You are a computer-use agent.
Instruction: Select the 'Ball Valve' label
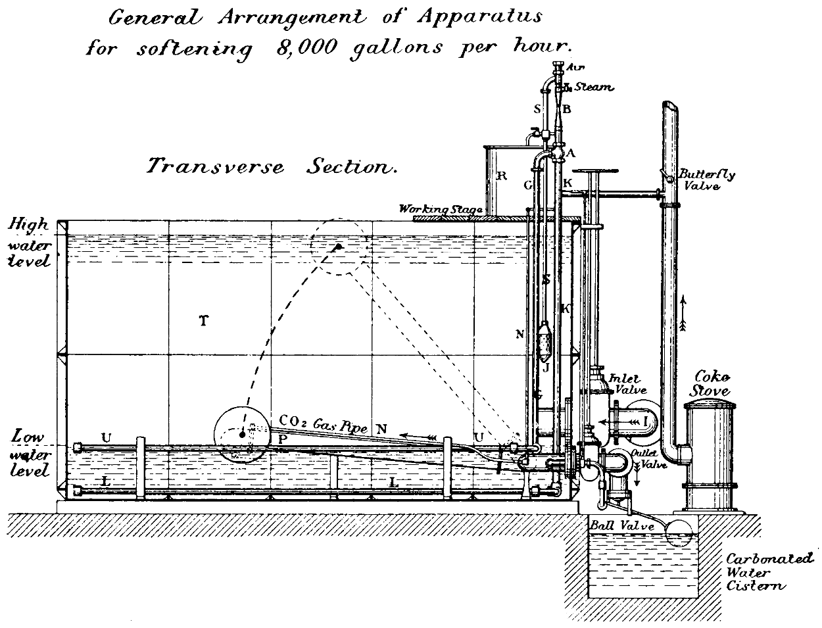pos(622,526)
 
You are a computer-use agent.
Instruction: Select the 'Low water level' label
pos(29,454)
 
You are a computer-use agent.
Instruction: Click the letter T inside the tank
pos(204,321)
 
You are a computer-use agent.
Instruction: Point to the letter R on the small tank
pos(502,176)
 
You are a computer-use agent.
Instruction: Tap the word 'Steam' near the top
pos(593,87)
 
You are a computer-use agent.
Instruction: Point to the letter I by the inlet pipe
pos(646,419)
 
